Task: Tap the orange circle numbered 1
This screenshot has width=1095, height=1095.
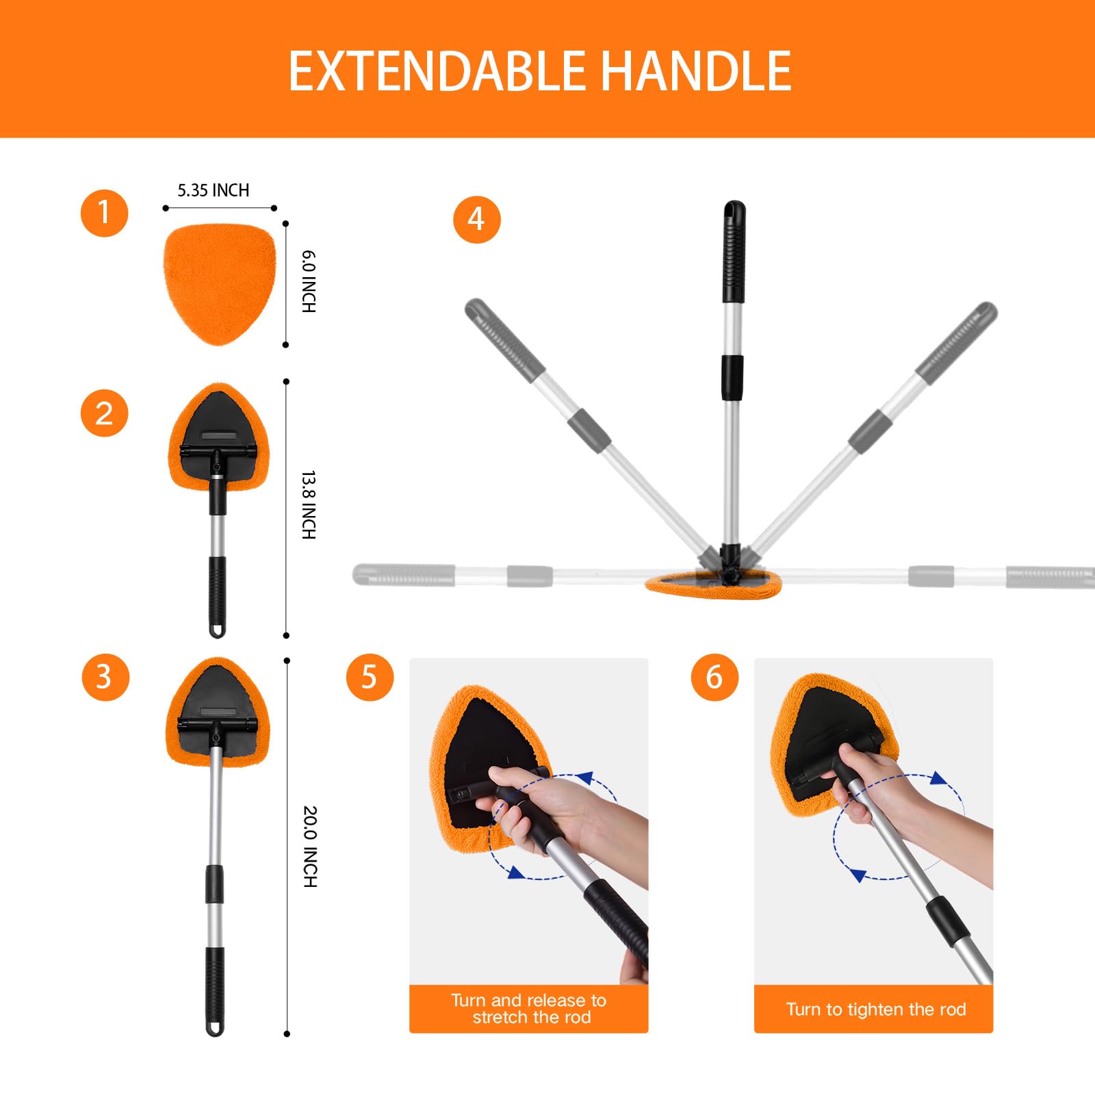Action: (104, 213)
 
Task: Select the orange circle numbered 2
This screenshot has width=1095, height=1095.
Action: (104, 413)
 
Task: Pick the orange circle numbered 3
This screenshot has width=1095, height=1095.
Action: (105, 677)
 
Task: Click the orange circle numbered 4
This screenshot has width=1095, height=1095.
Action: (477, 220)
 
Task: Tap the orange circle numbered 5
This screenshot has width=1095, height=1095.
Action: (370, 677)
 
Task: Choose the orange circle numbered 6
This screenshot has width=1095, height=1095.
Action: (714, 677)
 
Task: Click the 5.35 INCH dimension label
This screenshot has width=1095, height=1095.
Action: (214, 190)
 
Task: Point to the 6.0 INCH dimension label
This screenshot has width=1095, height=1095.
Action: (309, 282)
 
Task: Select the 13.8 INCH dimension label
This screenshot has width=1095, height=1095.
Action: (309, 505)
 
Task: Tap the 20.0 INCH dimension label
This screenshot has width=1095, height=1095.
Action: (310, 847)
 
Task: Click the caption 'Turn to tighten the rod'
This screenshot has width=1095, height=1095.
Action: (875, 1009)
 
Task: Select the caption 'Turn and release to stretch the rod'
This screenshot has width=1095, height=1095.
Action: (529, 1009)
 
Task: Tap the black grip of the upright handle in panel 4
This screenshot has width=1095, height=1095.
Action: (734, 253)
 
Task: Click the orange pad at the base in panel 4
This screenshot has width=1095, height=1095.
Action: (713, 585)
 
